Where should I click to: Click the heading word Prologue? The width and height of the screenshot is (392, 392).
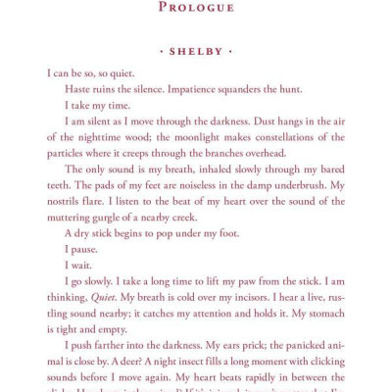click(x=196, y=9)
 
